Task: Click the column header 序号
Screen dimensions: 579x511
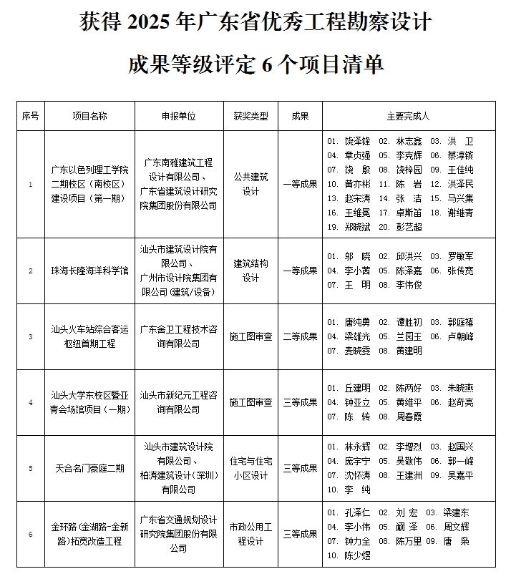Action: [x=30, y=116]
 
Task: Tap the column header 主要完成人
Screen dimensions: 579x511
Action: [x=408, y=116]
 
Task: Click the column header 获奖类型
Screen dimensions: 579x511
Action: [x=250, y=116]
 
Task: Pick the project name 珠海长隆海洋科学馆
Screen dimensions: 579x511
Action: [x=90, y=271]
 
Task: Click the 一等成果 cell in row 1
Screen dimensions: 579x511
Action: [x=300, y=184]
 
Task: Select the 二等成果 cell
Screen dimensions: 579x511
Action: [x=300, y=336]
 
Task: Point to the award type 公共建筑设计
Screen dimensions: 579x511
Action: [x=250, y=184]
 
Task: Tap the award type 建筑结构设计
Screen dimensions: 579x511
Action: [x=250, y=271]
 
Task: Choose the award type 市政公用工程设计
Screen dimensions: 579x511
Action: [x=250, y=533]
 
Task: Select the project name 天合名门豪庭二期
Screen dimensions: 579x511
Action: [x=90, y=468]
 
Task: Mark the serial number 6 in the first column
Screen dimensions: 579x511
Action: [x=30, y=533]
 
